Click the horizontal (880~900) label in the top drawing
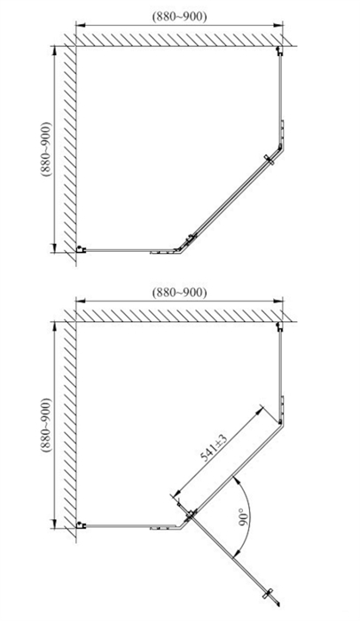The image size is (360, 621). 179,17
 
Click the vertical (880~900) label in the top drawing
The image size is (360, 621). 45,149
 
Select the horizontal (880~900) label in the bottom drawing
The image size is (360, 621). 179,293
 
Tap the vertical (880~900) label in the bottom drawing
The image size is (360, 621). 45,425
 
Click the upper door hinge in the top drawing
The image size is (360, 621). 270,159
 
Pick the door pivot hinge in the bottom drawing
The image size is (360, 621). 190,515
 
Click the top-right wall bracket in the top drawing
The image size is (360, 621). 279,51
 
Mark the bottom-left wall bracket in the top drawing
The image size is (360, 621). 81,249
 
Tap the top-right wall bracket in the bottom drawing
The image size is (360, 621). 279,326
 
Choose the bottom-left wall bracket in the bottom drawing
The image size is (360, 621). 81,525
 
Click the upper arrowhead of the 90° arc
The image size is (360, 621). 237,480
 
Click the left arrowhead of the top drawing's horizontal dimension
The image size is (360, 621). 79,26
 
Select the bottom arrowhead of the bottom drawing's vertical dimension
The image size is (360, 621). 55,524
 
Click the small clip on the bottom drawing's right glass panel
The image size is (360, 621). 282,404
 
